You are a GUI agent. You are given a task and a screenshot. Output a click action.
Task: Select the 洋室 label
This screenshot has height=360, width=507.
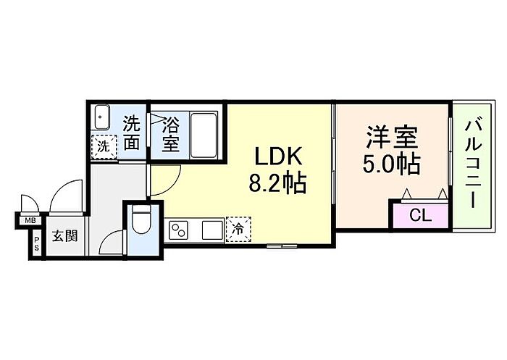391,138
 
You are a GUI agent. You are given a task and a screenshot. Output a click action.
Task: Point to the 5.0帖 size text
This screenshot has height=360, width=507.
391,164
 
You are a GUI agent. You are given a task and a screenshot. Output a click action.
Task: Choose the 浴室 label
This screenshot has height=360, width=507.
171,133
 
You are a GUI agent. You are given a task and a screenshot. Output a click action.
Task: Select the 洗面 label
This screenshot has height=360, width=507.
131,132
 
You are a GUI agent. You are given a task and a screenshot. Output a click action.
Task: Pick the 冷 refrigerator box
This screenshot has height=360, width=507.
237,230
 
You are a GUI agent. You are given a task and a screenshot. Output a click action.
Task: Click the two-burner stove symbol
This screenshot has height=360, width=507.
178,230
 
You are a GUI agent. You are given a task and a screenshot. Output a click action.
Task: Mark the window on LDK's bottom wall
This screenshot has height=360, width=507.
280,246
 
